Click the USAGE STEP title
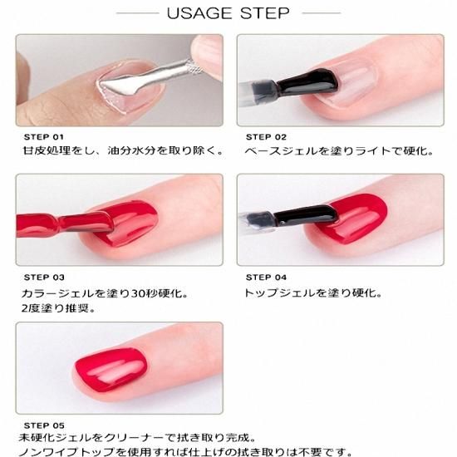click(228, 13)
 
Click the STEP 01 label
click(44, 137)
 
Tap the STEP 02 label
click(266, 137)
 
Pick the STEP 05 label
click(44, 425)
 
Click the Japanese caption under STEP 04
click(313, 293)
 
